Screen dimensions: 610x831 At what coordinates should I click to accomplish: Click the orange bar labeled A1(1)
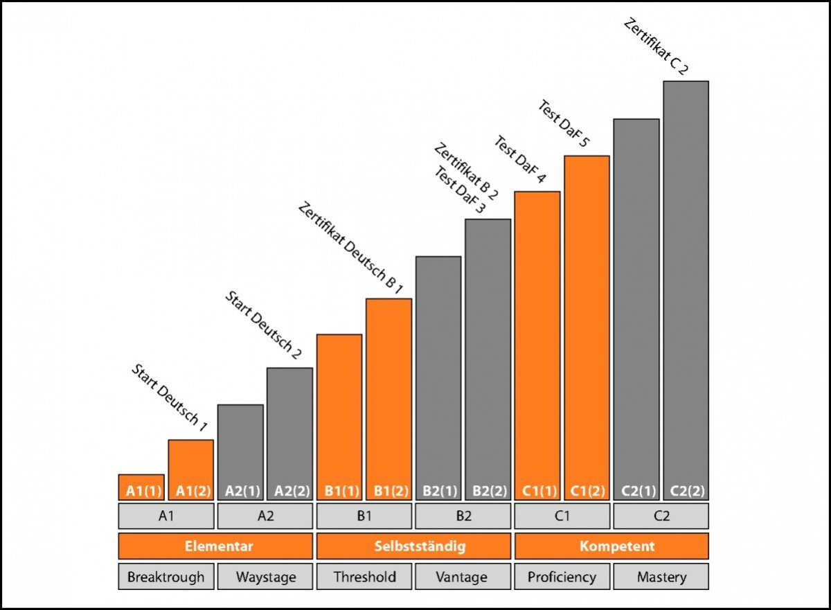141,487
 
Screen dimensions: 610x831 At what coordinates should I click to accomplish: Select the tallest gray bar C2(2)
686,291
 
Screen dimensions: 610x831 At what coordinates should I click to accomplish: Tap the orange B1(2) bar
388,398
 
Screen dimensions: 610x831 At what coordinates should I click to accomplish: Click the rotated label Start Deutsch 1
169,398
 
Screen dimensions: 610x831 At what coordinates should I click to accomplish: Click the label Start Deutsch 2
263,325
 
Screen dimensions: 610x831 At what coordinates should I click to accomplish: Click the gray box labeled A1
166,516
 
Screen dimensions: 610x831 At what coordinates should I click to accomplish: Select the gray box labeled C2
661,516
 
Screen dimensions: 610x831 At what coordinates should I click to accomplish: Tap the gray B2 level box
463,516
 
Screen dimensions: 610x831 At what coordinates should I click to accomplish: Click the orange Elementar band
215,546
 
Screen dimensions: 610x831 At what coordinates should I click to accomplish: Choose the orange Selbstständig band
413,546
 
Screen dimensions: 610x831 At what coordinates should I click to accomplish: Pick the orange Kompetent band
611,546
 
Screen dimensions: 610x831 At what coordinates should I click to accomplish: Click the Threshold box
364,576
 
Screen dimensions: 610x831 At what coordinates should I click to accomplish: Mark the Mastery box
661,576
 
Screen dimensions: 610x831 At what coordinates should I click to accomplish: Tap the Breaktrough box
166,576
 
